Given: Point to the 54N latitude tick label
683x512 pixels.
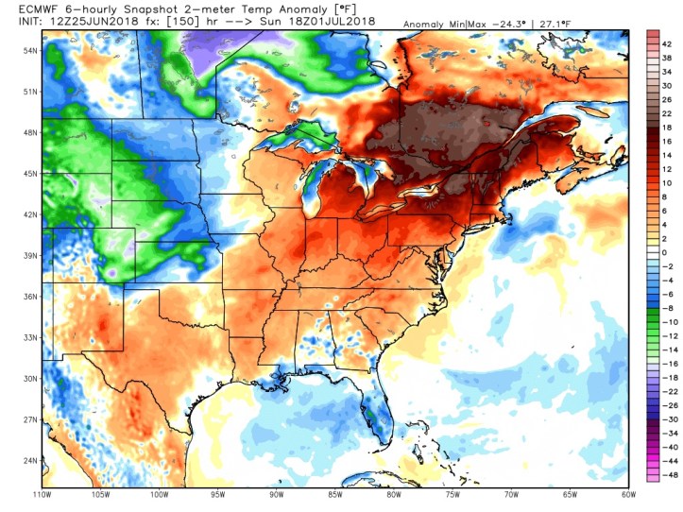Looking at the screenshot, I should (30, 50).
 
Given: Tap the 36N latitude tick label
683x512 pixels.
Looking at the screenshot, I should (30, 297).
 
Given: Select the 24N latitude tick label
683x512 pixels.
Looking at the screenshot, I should (30, 461).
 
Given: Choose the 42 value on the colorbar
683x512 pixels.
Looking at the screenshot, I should (667, 44).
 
